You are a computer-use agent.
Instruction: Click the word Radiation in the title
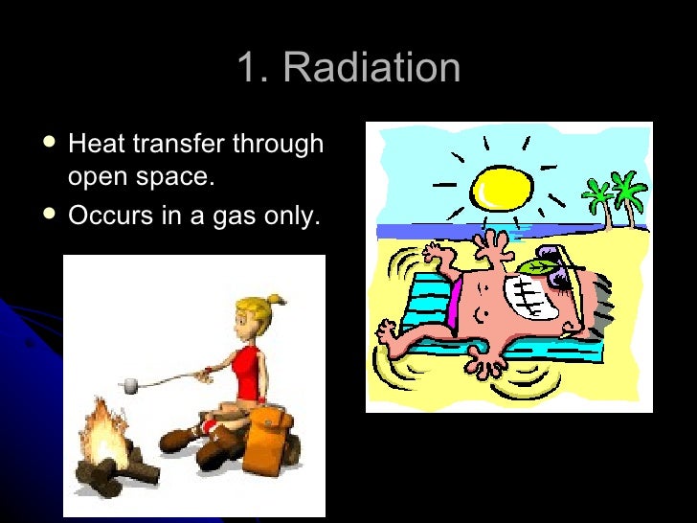[x=372, y=69]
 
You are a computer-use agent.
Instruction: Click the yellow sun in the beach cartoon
[x=499, y=188]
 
